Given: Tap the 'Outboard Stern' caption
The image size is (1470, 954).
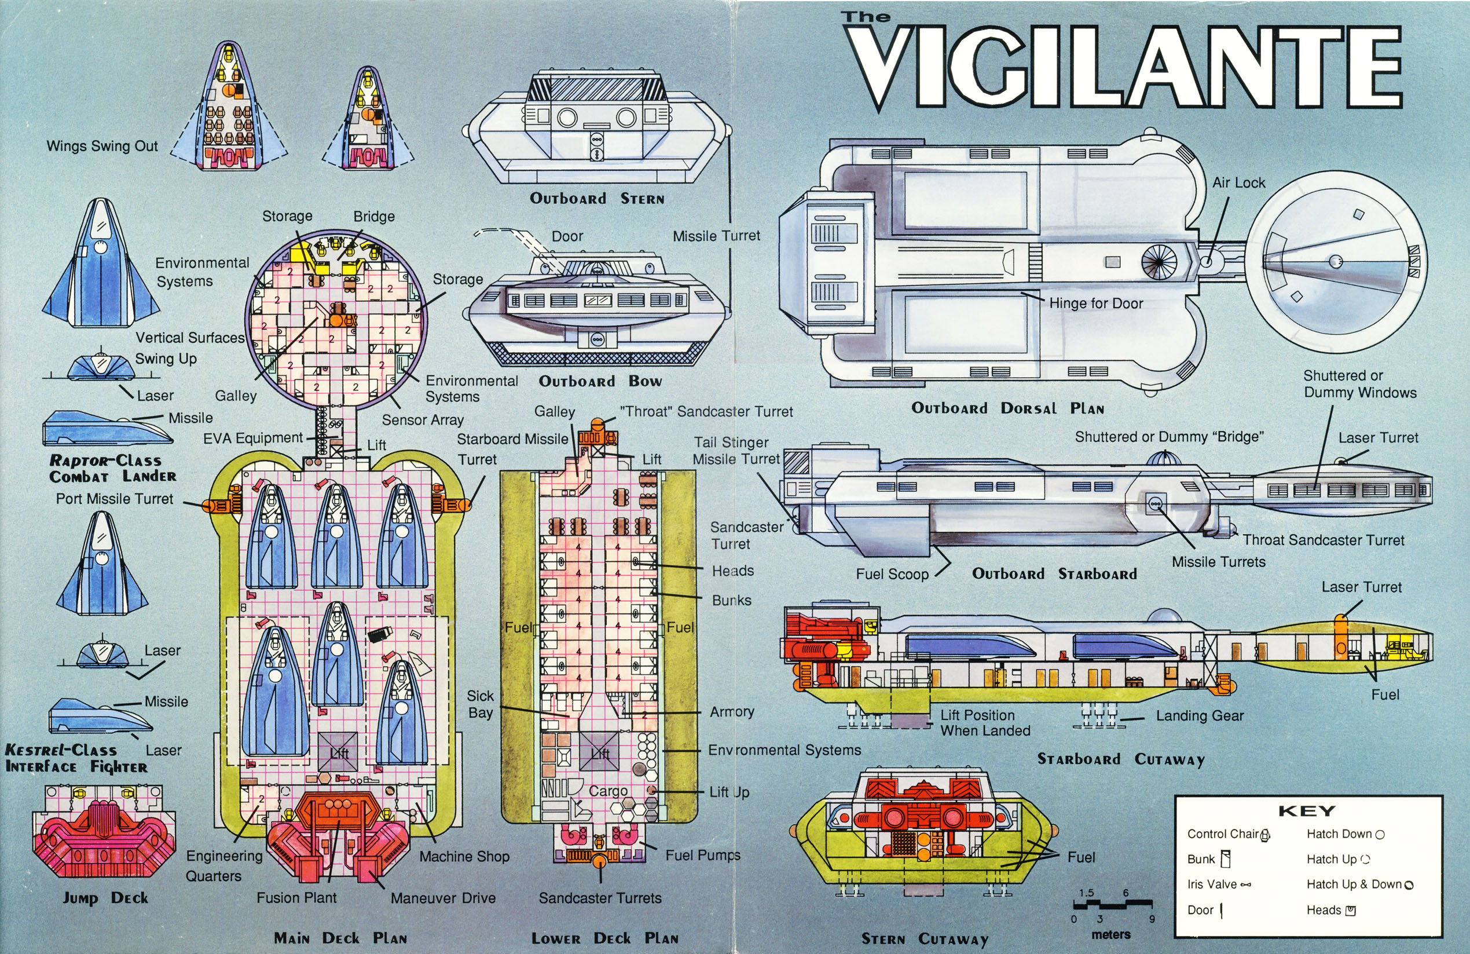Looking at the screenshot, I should click(x=597, y=198).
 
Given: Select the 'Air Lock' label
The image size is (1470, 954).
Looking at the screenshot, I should click(x=1238, y=183).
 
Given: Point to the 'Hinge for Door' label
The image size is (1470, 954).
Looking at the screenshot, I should click(x=1096, y=303).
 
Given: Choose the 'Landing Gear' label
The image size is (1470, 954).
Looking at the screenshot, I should click(x=1200, y=715).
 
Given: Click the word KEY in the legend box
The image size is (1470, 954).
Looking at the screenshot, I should click(x=1306, y=811).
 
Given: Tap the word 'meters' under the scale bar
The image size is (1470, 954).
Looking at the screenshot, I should click(x=1110, y=934).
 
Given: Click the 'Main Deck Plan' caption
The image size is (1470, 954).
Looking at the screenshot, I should click(x=340, y=938).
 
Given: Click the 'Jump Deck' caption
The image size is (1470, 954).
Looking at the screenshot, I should click(x=105, y=898).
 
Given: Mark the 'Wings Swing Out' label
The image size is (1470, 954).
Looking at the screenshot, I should click(x=102, y=146).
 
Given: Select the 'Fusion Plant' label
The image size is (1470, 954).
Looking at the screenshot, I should click(x=296, y=897).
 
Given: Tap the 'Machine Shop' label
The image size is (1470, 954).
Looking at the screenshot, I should click(x=464, y=856).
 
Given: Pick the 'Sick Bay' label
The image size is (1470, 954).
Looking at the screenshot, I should click(x=481, y=704).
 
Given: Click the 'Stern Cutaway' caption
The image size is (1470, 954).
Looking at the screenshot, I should click(x=925, y=939).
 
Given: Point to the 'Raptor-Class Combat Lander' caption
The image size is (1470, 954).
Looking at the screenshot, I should click(x=112, y=469).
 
